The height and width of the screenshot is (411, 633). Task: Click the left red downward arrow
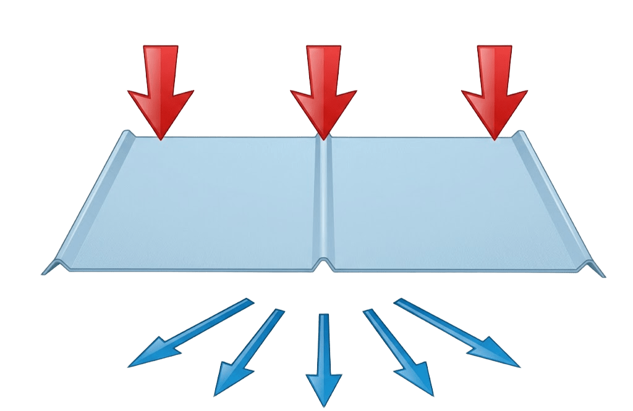pyautogui.click(x=161, y=86)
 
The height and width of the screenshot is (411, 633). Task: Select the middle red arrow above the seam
pyautogui.click(x=323, y=86)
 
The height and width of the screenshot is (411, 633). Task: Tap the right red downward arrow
pyautogui.click(x=495, y=86)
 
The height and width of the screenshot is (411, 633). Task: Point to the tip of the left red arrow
pyautogui.click(x=161, y=139)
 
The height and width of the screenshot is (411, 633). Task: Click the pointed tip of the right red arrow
pyautogui.click(x=495, y=139)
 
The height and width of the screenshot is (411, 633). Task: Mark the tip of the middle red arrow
pyautogui.click(x=323, y=136)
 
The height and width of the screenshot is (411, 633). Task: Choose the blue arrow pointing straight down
pyautogui.click(x=323, y=358)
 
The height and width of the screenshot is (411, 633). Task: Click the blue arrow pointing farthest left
pyautogui.click(x=185, y=333)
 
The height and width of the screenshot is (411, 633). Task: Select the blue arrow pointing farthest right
pyautogui.click(x=457, y=333)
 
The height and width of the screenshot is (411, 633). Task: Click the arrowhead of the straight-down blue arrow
pyautogui.click(x=323, y=389)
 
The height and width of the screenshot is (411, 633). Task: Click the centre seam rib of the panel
pyautogui.click(x=323, y=197)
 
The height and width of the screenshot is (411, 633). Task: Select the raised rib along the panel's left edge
pyautogui.click(x=93, y=197)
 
